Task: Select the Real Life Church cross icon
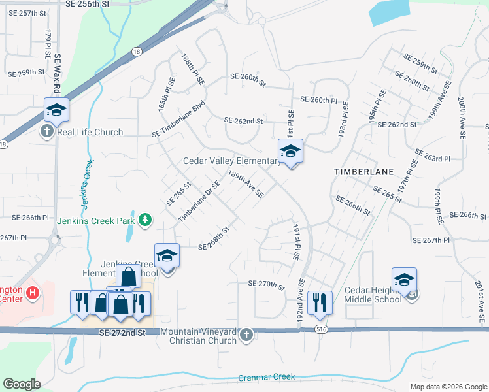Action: [x=46, y=132]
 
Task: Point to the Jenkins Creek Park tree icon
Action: [x=144, y=221]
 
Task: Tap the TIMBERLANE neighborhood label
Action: [x=363, y=171]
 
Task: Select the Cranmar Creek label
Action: [x=266, y=377]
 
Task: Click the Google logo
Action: [x=22, y=384]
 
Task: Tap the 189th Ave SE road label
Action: [x=245, y=184]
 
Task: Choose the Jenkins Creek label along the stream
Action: [x=87, y=186]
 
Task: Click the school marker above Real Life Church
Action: [x=56, y=110]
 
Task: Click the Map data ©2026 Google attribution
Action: [x=448, y=387]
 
